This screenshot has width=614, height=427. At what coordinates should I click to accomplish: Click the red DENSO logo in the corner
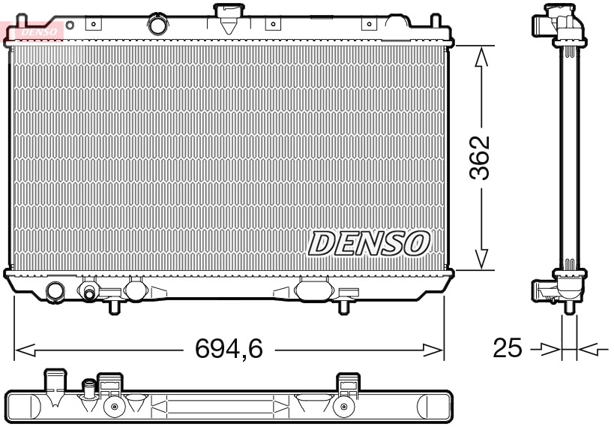point(34,30)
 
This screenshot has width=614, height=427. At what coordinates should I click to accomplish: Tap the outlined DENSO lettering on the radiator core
point(370,243)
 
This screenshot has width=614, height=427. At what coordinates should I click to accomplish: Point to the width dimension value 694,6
point(229,349)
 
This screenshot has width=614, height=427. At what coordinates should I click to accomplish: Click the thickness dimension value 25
point(508,349)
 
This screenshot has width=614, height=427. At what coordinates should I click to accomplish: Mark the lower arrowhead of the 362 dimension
point(484,258)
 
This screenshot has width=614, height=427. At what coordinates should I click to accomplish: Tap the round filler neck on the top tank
point(159,25)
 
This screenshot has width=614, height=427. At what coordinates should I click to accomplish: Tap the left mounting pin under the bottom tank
point(115,305)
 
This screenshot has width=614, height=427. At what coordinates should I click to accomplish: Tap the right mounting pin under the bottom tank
point(343,305)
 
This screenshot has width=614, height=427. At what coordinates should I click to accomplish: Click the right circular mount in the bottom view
point(344,408)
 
